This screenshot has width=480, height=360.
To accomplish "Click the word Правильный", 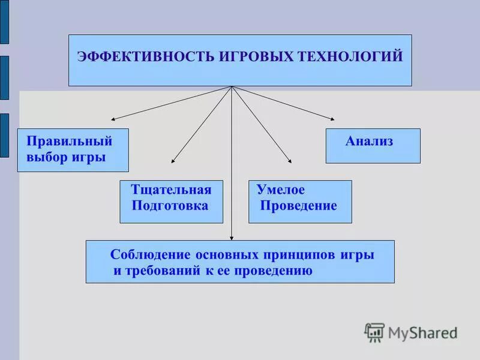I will coord(70,142).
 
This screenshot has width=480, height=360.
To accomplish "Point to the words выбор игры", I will coord(66,157).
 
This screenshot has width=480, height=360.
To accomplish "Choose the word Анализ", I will coord(369,142).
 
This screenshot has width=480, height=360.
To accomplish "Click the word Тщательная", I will coord(171,190).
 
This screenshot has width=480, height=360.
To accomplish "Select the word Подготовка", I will coord(170,206).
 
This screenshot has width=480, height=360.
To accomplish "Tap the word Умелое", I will coord(281,190).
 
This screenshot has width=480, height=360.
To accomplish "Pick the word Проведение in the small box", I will coord(299,206).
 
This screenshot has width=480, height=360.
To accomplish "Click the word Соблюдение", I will coord(150,254).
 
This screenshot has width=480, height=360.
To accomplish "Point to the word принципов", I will coord(307,254).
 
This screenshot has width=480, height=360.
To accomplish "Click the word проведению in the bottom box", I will coord(277,271).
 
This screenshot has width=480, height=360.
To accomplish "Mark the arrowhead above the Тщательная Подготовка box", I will coord(173,161).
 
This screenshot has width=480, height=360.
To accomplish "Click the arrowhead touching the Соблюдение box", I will coord(232,238).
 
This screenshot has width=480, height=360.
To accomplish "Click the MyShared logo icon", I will coord(374,332).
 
